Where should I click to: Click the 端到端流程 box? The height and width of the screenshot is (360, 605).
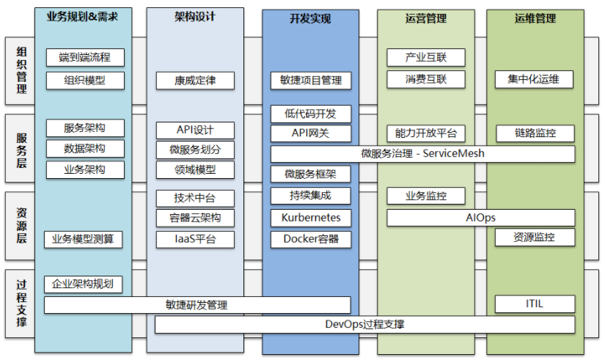tap(84, 57)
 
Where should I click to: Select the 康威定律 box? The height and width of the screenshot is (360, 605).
tap(195, 80)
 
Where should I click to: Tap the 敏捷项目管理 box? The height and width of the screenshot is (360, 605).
tap(311, 80)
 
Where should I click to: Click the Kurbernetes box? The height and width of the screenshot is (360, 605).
tap(311, 218)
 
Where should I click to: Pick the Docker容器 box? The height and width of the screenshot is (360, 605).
tap(311, 239)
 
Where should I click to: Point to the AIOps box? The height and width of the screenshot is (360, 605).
tap(480, 218)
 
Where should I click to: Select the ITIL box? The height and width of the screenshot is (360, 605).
tap(535, 304)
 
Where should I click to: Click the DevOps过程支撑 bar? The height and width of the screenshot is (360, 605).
tap(364, 324)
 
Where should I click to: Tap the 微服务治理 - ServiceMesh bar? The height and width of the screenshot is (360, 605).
tap(422, 154)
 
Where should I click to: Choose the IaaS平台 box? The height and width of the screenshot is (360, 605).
tap(195, 239)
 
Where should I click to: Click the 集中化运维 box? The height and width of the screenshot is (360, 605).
tap(535, 79)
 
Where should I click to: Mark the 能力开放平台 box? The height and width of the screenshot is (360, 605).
tap(425, 133)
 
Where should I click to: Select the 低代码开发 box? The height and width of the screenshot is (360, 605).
tap(311, 114)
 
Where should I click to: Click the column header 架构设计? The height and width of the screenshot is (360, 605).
tap(195, 17)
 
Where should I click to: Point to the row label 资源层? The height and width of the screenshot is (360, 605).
tap(21, 226)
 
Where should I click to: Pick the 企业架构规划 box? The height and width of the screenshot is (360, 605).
tap(83, 284)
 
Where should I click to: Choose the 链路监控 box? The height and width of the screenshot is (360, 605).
tap(535, 133)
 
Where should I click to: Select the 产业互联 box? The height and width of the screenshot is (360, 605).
tap(425, 57)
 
